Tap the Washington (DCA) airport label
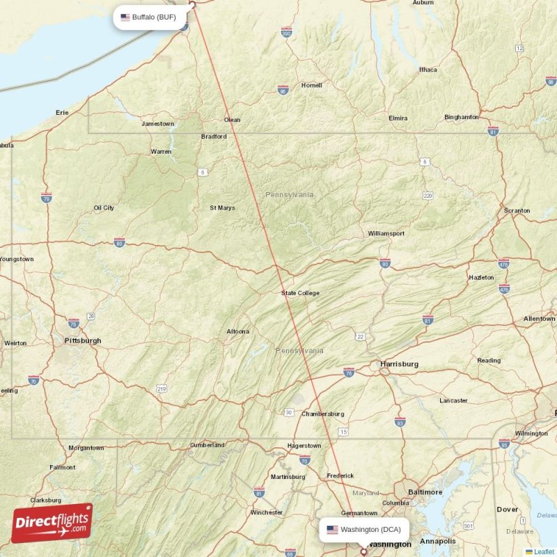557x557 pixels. coord(364,529)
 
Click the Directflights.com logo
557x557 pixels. coord(52,523)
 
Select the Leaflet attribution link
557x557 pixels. coord(544,551)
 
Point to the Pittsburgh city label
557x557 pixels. coord(82,340)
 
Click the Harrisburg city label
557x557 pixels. coord(399,363)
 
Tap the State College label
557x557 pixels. coord(300,293)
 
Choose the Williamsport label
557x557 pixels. coord(386,233)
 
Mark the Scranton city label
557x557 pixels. coord(517,210)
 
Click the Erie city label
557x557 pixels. coord(63,112)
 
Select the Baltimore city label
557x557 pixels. coord(425,492)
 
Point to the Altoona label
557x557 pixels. coord(237,331)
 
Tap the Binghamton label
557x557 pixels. coord(462,117)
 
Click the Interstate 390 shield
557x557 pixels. coord(286,32)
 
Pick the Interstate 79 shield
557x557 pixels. coord(46,198)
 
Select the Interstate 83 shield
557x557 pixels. coord(400,422)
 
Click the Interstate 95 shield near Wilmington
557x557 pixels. coord(504,443)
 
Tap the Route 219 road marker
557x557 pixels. coord(162,387)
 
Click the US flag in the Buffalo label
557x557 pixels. coord(125,17)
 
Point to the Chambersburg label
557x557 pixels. coord(322,414)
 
